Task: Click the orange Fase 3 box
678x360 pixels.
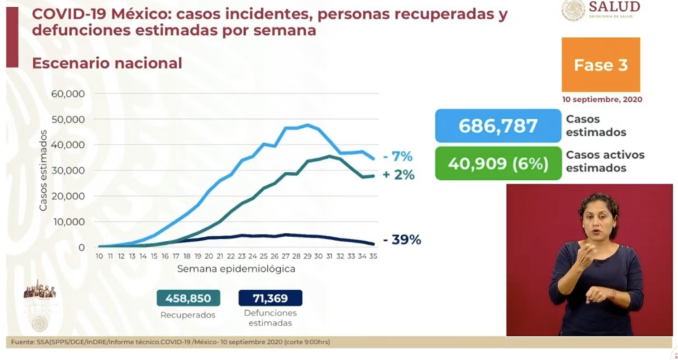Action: tap(601, 65)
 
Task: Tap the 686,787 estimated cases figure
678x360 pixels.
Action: tap(498, 126)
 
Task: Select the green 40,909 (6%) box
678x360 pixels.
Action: tap(498, 164)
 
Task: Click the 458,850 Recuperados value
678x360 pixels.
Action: tap(188, 298)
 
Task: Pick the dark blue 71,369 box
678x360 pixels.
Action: tap(270, 298)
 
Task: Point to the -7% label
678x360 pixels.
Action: tap(397, 156)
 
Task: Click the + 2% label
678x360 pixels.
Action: tap(398, 175)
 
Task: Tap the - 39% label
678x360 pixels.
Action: tap(402, 240)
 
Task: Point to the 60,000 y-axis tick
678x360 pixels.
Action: tap(68, 94)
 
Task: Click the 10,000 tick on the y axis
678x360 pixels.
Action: tap(69, 222)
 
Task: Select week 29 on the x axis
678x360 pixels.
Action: tap(307, 256)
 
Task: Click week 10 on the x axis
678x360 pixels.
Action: tap(99, 256)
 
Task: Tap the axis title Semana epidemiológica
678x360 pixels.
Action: tap(236, 269)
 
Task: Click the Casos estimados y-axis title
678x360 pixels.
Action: tap(43, 170)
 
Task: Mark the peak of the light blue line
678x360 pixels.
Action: tap(307, 125)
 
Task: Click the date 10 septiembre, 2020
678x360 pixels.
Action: tap(602, 99)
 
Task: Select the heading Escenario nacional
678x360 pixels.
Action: tap(107, 63)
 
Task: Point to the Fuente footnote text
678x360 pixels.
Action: tap(170, 342)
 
